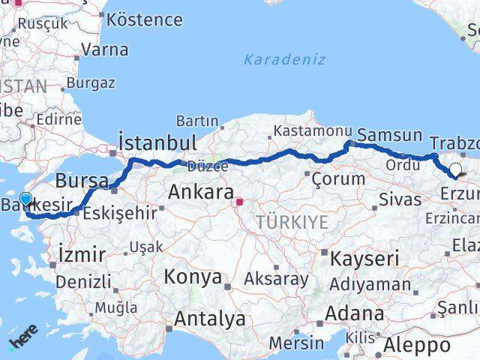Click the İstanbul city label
click(157, 142)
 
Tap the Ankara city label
click(200, 192)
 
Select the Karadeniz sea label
click(284, 58)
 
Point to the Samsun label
click(389, 136)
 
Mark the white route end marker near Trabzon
click(454, 169)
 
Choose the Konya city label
click(193, 277)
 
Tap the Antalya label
click(209, 319)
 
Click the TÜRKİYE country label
click(292, 222)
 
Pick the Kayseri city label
click(364, 259)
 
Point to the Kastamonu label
click(312, 130)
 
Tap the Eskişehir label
click(121, 212)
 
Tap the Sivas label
click(396, 200)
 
